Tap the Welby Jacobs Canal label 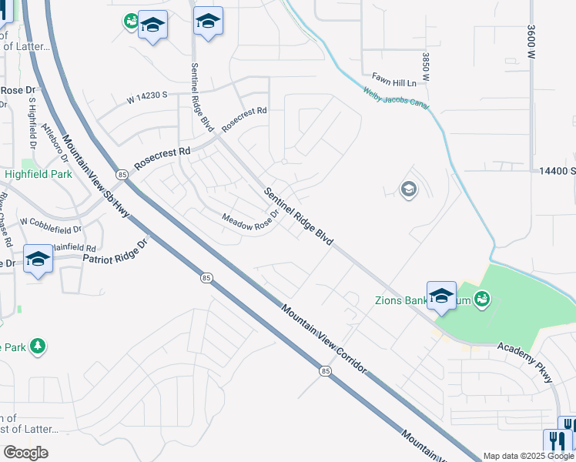[x=396, y=98]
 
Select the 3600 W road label [x=531, y=42]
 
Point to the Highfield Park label [x=39, y=174]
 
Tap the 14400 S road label [x=557, y=171]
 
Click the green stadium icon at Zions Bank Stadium [x=482, y=298]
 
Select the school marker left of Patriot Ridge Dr [x=38, y=259]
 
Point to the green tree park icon [x=37, y=347]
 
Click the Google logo [x=25, y=453]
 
